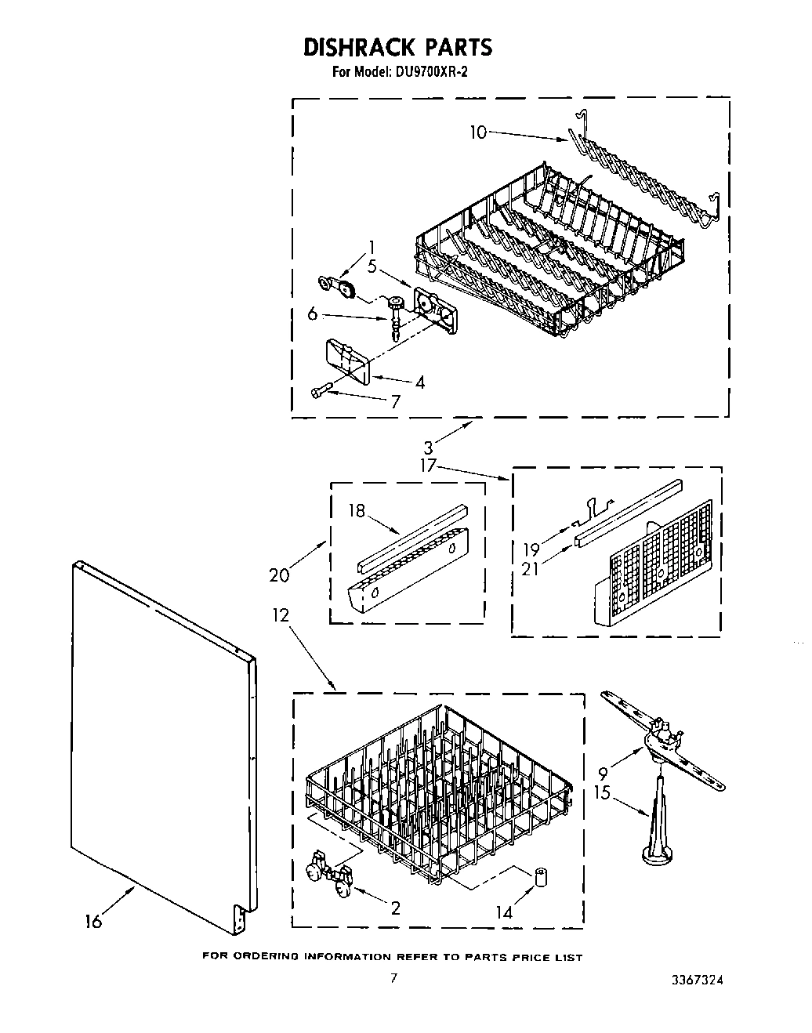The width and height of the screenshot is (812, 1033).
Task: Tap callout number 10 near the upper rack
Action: [x=478, y=132]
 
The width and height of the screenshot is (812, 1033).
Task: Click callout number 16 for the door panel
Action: [x=93, y=921]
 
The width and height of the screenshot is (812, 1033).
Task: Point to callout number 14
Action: [x=503, y=912]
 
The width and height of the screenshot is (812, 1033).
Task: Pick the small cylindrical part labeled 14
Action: [x=539, y=876]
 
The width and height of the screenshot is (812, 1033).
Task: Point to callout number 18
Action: [x=357, y=511]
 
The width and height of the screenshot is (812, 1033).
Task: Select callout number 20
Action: [x=278, y=574]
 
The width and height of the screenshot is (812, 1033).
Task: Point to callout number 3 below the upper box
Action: [x=428, y=449]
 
